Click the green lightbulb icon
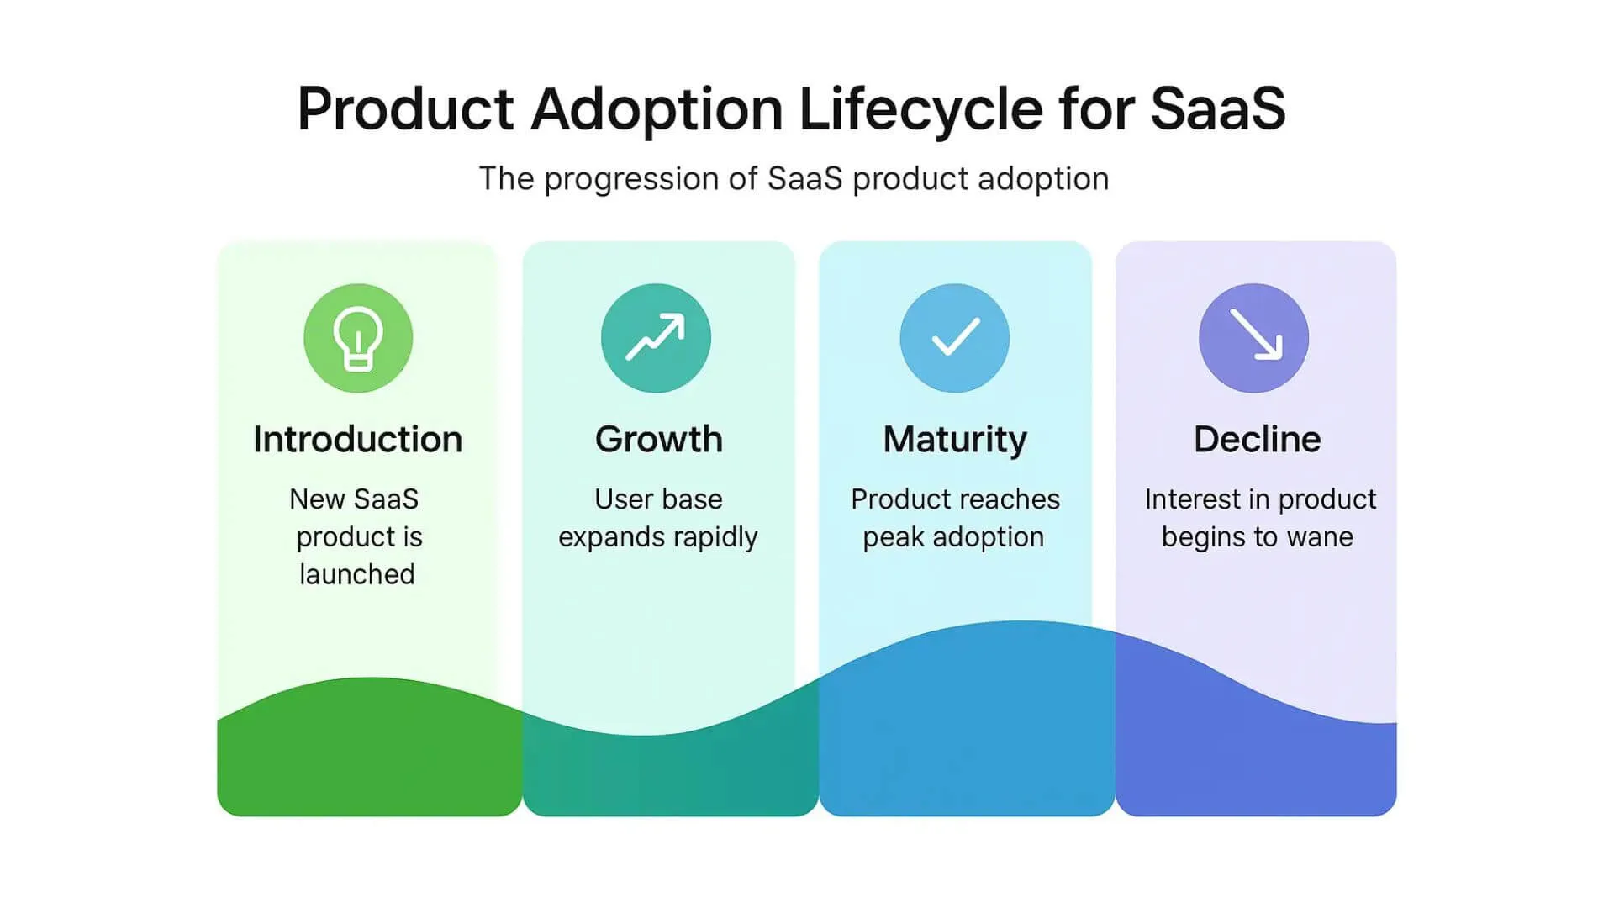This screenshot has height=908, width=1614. pos(358,338)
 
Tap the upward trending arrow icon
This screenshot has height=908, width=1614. pos(656,338)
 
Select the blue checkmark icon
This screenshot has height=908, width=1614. pos(955,338)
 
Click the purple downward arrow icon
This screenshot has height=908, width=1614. pos(1254,338)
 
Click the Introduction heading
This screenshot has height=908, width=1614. pos(358,439)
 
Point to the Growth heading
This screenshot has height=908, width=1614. pos(659,439)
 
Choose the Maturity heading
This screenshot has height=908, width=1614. pos(955,440)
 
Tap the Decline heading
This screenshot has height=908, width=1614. pos(1258,439)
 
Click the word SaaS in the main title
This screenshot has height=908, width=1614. pos(1218,109)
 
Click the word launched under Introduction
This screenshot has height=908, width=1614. pos(357,574)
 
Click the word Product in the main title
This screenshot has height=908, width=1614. pos(406,109)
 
